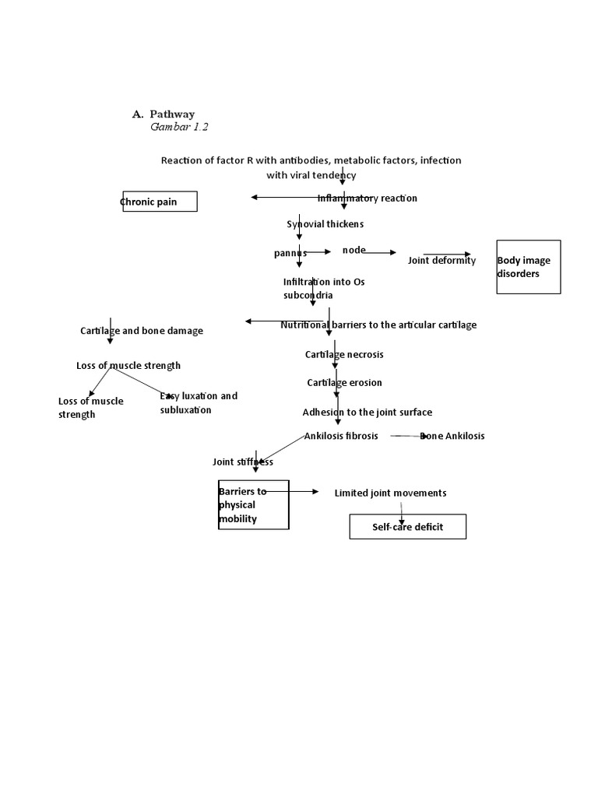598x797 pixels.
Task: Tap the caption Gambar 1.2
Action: point(179,127)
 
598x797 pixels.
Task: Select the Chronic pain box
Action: point(159,202)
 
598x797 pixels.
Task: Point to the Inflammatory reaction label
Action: point(368,198)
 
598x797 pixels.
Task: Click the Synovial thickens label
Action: point(325,224)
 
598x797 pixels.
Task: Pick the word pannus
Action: point(290,253)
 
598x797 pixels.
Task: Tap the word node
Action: point(354,250)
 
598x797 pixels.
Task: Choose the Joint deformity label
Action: point(441,261)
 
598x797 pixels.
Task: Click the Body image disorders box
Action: point(528,267)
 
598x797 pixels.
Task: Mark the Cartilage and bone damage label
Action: point(142,331)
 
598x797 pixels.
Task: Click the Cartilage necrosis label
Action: point(344,355)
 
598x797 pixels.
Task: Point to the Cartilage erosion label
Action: point(344,383)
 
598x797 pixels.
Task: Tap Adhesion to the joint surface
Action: point(367,413)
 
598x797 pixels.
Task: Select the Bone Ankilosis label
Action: point(452,436)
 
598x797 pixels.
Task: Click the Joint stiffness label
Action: point(243,462)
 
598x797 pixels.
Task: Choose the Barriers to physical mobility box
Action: point(254,505)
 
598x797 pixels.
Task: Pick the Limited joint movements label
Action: point(390,493)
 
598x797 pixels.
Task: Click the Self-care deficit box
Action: point(407,527)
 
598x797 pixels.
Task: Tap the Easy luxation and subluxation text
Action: point(198,403)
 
